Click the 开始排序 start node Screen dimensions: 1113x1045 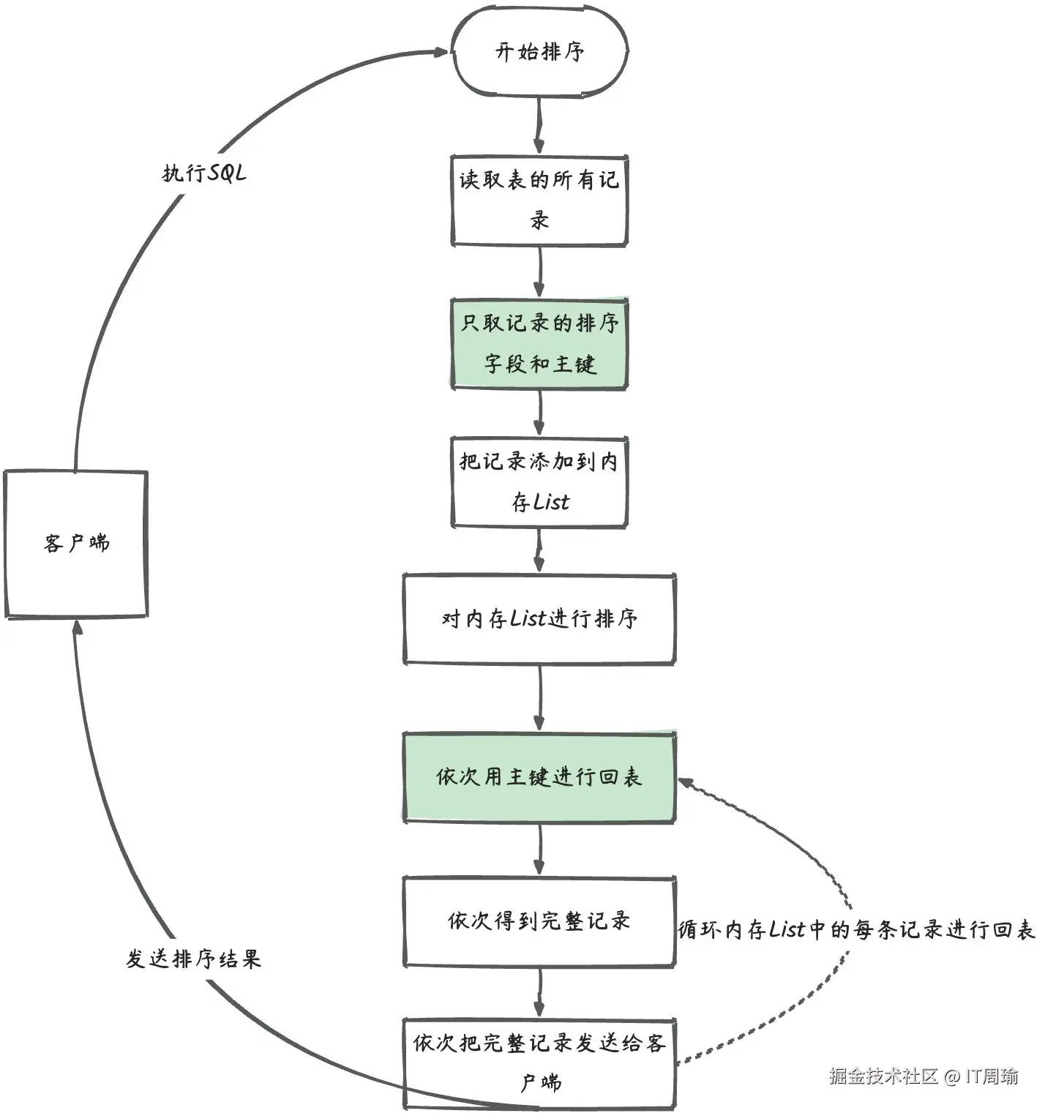tap(539, 52)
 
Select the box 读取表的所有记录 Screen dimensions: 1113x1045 tap(539, 200)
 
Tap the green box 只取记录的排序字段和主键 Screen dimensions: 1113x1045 tap(539, 343)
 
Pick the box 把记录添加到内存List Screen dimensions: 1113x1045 tap(539, 481)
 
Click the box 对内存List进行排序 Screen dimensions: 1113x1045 tap(539, 619)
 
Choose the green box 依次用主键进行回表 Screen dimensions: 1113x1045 tap(539, 777)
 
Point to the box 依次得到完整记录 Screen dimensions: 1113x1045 tap(539, 921)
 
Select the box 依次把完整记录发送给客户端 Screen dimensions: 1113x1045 tap(539, 1062)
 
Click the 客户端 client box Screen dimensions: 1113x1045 tap(76, 544)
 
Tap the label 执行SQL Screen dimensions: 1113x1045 tap(204, 173)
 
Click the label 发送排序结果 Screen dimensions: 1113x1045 tap(193, 959)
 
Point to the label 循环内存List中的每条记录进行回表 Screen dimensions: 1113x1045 tap(856, 929)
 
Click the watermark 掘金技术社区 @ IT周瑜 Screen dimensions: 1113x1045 tap(924, 1076)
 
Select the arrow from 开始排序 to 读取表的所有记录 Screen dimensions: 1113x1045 tap(539, 124)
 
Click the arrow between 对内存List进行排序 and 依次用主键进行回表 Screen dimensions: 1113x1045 tap(539, 697)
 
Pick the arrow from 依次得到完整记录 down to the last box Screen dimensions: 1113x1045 tap(539, 992)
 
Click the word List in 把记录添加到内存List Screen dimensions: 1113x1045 tap(551, 502)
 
